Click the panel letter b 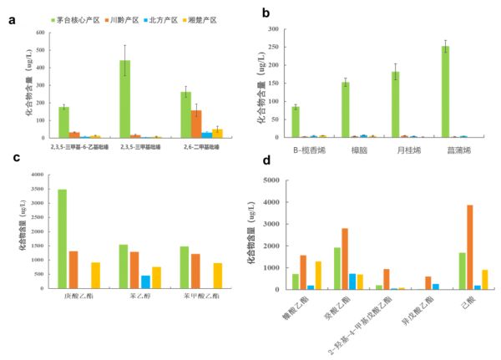point(266,13)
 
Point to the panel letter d point(266,160)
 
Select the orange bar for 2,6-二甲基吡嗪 point(196,124)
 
